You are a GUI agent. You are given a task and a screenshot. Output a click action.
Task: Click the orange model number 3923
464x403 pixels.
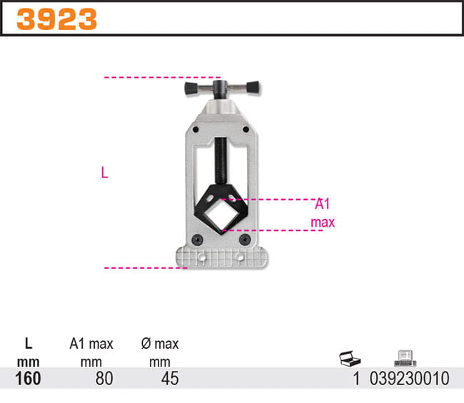(x=56, y=19)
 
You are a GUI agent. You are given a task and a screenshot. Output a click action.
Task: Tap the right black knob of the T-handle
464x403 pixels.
(x=253, y=87)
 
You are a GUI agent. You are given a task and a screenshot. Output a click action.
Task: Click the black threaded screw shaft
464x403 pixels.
(x=220, y=160)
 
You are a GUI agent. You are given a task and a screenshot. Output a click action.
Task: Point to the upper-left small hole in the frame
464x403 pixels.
(x=196, y=129)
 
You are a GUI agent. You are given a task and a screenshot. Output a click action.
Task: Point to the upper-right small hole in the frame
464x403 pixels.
(x=246, y=129)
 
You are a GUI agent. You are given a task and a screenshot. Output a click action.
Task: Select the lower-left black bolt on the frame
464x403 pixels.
(x=197, y=240)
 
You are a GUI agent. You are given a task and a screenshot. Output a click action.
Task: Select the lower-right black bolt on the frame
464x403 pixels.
(x=245, y=239)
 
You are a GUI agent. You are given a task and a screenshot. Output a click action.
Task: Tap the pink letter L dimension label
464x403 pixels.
(x=104, y=173)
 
